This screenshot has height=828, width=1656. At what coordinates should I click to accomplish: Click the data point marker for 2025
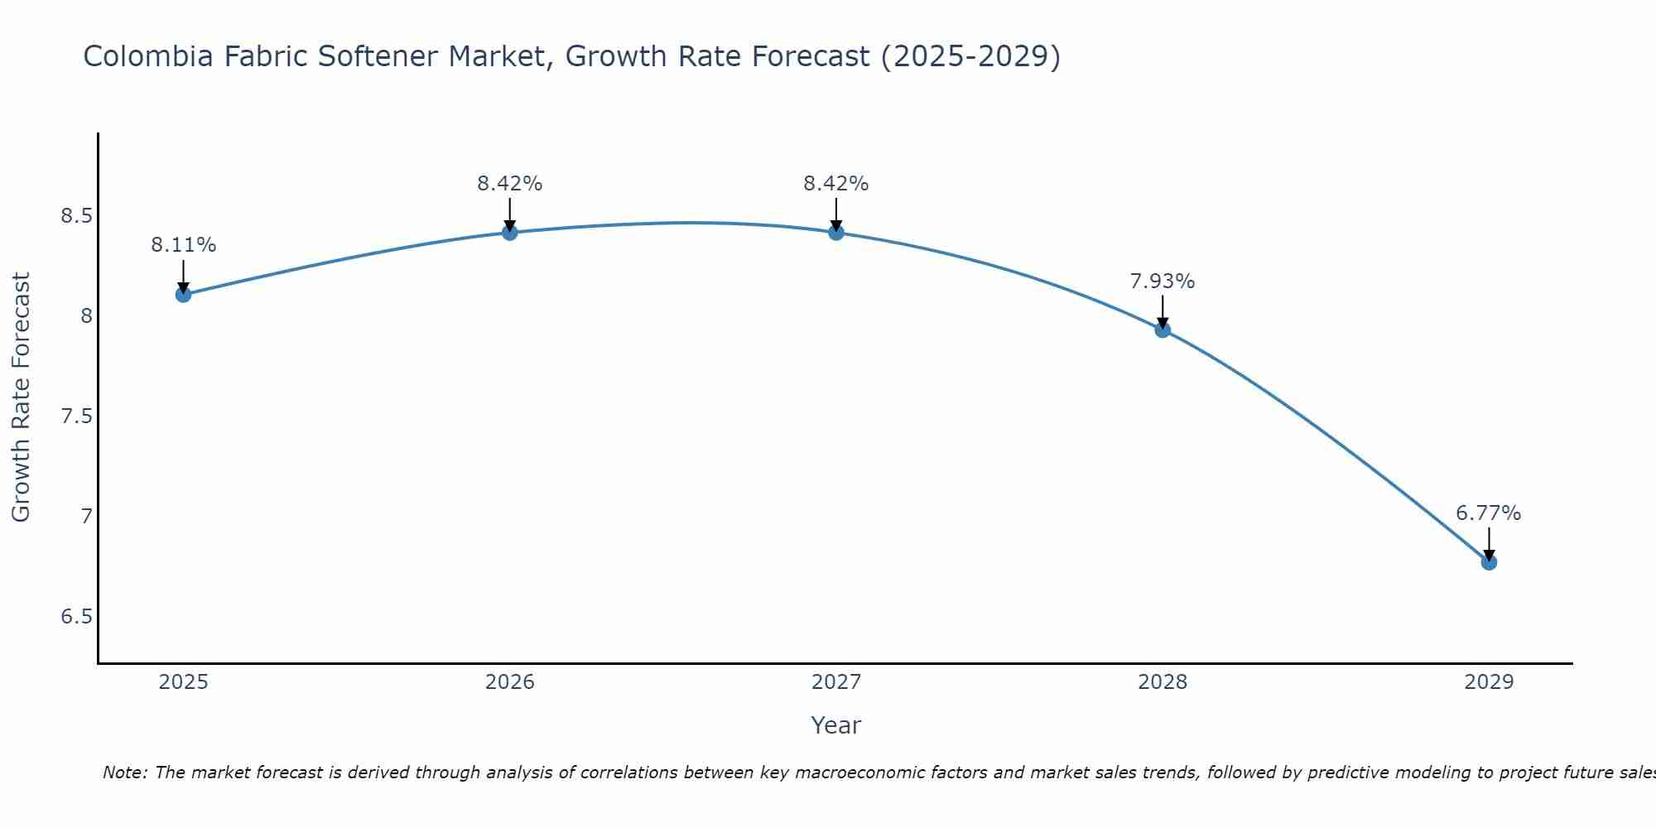click(x=184, y=295)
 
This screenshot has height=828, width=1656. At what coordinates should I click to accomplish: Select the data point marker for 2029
click(x=1489, y=562)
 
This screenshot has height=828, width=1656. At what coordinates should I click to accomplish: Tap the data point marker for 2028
click(x=1163, y=330)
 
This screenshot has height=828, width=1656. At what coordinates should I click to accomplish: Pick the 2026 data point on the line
click(x=510, y=233)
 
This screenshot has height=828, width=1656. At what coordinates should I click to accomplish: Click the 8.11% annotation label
click(x=184, y=245)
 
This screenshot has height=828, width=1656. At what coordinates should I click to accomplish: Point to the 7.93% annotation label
click(x=1163, y=282)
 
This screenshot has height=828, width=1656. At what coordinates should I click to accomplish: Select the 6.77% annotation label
click(x=1489, y=513)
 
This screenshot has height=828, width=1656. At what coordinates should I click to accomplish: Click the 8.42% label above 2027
click(x=836, y=184)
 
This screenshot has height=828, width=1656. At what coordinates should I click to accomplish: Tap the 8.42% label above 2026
click(x=510, y=184)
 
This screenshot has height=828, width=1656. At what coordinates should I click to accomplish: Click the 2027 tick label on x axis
click(x=836, y=682)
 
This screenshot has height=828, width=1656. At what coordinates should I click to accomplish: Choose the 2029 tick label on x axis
click(x=1489, y=682)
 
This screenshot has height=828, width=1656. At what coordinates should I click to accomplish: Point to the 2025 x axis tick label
click(x=184, y=682)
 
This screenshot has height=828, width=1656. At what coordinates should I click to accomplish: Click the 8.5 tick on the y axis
click(x=75, y=216)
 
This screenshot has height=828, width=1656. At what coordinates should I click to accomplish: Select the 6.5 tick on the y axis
click(x=75, y=617)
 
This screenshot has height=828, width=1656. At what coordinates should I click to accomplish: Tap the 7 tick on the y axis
click(x=86, y=517)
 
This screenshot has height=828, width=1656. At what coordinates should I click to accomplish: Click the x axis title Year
click(x=836, y=725)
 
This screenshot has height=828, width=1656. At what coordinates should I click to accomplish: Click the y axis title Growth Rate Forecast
click(x=21, y=397)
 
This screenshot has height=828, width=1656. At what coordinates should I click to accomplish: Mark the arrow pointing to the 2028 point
click(x=1163, y=311)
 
